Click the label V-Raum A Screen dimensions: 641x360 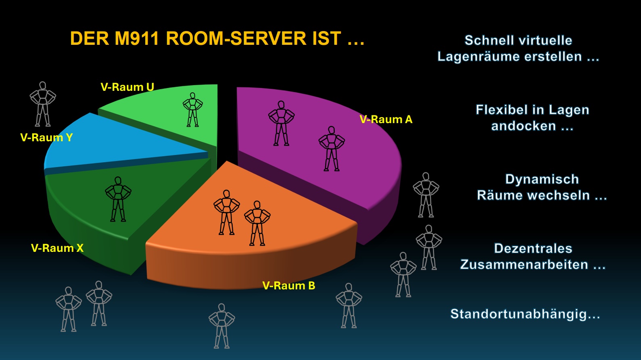tap(386, 119)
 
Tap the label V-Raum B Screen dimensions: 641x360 tap(289, 285)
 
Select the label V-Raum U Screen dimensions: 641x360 tap(127, 87)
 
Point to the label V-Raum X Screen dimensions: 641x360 tap(57, 248)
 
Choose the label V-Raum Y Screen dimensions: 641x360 tap(46, 138)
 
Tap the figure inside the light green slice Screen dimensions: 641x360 tap(192, 110)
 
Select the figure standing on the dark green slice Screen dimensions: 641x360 tap(118, 199)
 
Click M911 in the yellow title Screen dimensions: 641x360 tap(136, 38)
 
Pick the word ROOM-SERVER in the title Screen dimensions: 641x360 tap(236, 38)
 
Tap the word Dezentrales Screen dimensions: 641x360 tap(533, 248)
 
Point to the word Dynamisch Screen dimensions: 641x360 tap(542, 179)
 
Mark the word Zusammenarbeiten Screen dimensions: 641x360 tap(524, 264)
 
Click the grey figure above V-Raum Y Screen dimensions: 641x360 tap(43, 104)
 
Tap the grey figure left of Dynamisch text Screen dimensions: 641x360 tap(426, 195)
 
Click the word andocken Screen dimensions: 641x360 tap(524, 126)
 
